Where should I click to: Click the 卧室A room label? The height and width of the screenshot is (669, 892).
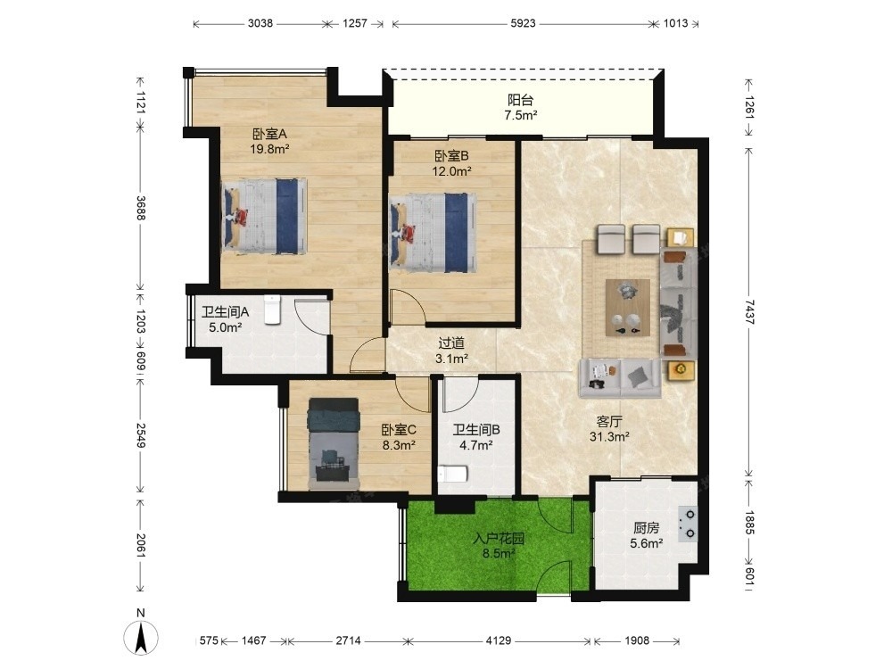point(269,135)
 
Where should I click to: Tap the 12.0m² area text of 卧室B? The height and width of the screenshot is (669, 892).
point(451,170)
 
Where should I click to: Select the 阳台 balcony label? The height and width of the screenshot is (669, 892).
point(521,100)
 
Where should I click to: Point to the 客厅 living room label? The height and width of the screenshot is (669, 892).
point(609,422)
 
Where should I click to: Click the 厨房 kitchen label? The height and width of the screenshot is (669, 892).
point(646,528)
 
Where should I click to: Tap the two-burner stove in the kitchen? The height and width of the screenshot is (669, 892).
point(689,524)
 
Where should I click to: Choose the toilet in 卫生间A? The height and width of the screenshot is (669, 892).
point(273,310)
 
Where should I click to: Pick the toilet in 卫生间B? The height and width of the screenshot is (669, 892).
point(453,474)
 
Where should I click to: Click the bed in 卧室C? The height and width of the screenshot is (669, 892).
point(334,443)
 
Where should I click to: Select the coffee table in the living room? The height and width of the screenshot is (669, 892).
point(627,308)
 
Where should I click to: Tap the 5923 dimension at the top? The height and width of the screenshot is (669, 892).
point(523,23)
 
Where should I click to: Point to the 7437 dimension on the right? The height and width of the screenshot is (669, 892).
point(749,311)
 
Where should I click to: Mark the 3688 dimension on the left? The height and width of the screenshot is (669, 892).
point(141,208)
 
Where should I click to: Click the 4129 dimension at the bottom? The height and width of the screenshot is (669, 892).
point(499,640)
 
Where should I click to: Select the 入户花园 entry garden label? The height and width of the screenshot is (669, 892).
point(499,538)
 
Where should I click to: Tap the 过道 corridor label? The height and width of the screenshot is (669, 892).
point(451,343)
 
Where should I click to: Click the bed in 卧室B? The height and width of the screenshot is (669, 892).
point(433,233)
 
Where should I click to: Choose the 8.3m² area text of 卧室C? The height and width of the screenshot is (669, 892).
point(399,445)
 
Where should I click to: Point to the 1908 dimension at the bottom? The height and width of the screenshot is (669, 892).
point(637,640)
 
